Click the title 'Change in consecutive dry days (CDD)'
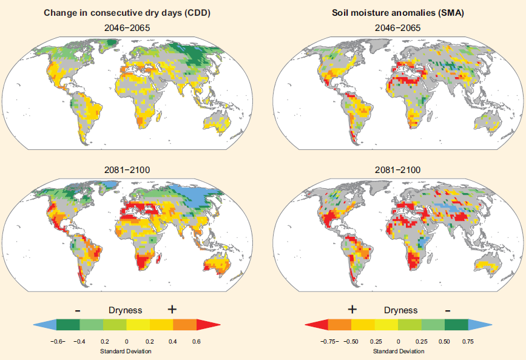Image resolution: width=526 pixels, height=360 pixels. (127, 13)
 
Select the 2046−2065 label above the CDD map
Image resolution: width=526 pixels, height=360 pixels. (127, 27)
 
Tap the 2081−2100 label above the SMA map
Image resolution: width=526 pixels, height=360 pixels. (398, 170)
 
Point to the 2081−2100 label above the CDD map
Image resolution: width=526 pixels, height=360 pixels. (127, 170)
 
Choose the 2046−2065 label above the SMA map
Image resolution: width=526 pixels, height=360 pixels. (398, 27)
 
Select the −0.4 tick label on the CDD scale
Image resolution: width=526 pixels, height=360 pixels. (79, 342)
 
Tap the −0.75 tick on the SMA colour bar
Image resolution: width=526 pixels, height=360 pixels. (329, 342)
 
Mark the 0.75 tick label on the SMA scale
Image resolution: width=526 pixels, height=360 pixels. (468, 342)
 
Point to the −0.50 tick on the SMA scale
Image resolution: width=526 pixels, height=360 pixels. (351, 342)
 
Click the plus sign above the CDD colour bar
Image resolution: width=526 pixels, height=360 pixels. (172, 309)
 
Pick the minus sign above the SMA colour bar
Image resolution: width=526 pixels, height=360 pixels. (447, 310)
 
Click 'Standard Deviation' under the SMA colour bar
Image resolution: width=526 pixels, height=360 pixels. (399, 351)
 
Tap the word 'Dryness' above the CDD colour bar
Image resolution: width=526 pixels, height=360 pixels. (126, 310)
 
